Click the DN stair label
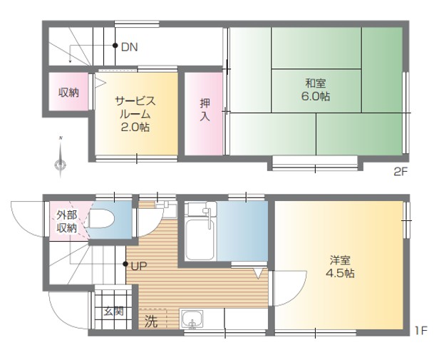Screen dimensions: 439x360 [130, 47]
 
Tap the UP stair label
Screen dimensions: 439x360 [139, 266]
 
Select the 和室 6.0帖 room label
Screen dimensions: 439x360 [316, 90]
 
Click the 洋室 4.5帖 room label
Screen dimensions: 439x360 [340, 267]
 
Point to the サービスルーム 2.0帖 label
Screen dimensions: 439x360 [135, 114]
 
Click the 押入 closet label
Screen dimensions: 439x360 [205, 110]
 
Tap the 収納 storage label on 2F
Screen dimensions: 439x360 [68, 92]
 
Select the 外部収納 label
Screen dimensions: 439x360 [67, 221]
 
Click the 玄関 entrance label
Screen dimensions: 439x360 [114, 311]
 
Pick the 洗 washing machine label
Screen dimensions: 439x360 [151, 322]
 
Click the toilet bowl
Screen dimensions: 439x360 [100, 219]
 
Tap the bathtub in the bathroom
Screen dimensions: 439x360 [200, 240]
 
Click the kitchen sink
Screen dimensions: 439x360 [192, 319]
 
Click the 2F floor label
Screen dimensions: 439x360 [400, 172]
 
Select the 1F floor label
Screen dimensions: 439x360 [420, 331]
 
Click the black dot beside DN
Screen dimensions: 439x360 [115, 46]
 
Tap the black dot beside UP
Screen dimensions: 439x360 [125, 264]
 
